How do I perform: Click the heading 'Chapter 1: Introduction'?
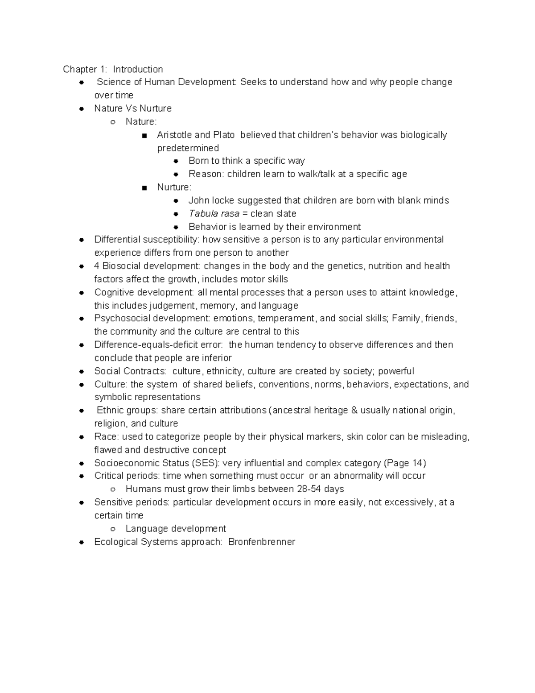pos(113,69)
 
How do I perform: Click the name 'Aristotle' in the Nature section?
pos(174,135)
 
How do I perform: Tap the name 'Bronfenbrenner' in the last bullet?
pos(261,542)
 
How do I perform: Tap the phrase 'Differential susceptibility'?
pos(147,240)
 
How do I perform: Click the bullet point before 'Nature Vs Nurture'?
pos(82,108)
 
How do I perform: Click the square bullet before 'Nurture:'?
pos(144,188)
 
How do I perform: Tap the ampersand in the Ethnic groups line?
pos(354,410)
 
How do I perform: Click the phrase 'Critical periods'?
pos(127,476)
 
